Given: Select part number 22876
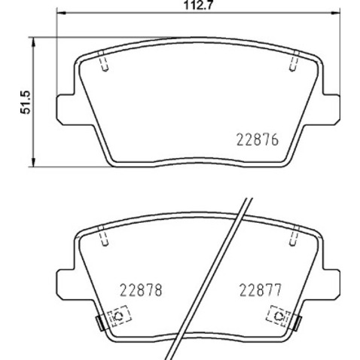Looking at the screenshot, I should click(258, 139).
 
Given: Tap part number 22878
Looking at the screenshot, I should click(142, 289).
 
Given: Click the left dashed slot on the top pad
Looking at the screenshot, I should click(106, 66).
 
